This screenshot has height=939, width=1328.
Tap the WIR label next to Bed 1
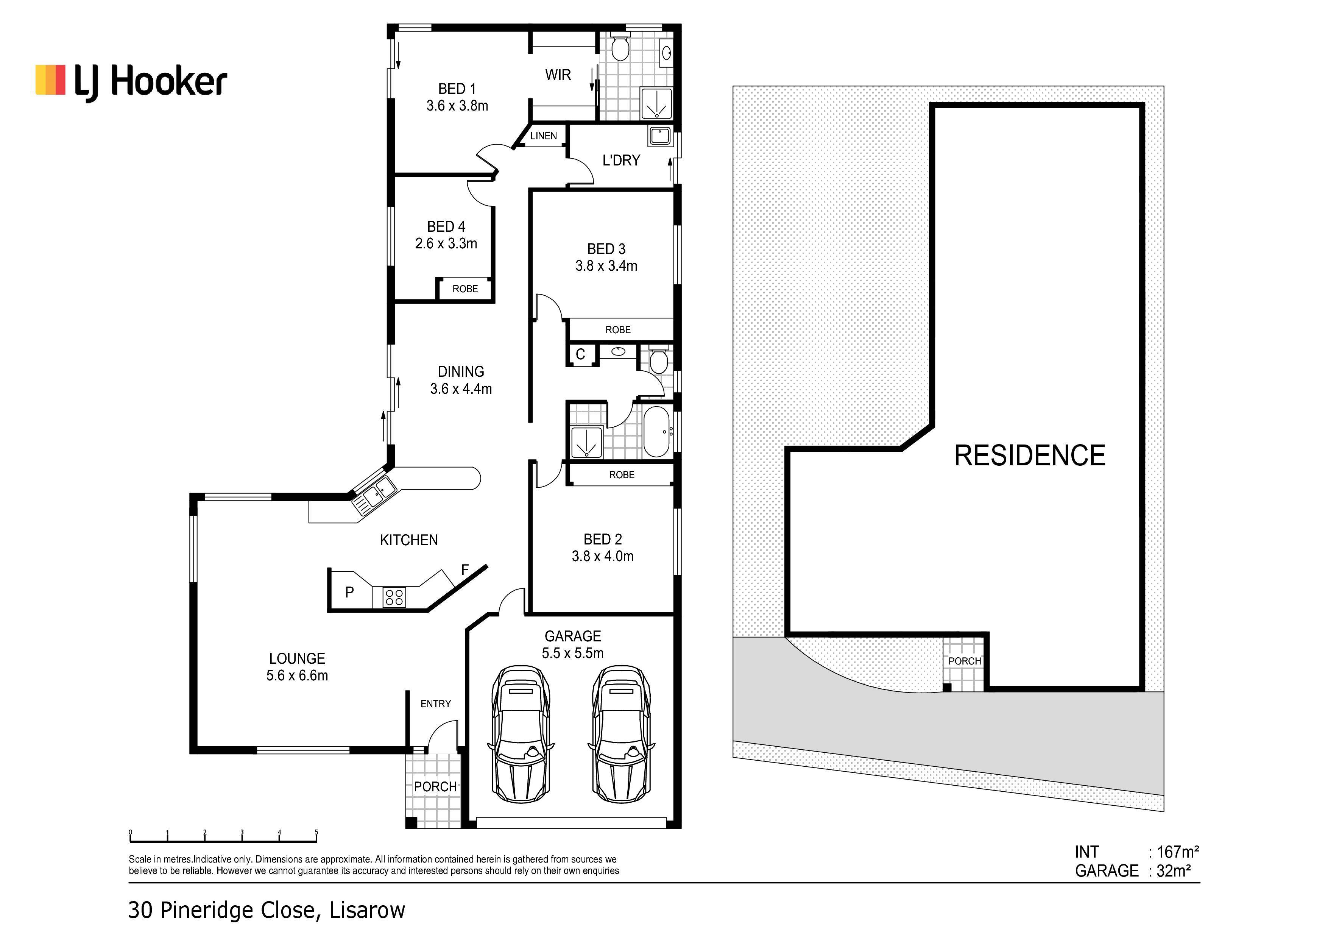coord(558,75)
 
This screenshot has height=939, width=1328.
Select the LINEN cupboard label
coord(544,136)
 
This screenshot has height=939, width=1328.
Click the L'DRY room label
coord(621,160)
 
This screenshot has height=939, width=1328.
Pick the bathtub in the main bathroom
coord(656,432)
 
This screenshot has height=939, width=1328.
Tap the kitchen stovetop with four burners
coord(394,596)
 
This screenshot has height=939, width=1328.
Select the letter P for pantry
coord(349,592)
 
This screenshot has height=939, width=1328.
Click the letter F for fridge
coord(465,570)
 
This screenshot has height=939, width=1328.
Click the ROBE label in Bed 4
coord(465,289)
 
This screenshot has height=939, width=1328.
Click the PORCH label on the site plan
coord(964,661)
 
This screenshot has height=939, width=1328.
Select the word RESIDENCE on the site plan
coord(1030,455)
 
